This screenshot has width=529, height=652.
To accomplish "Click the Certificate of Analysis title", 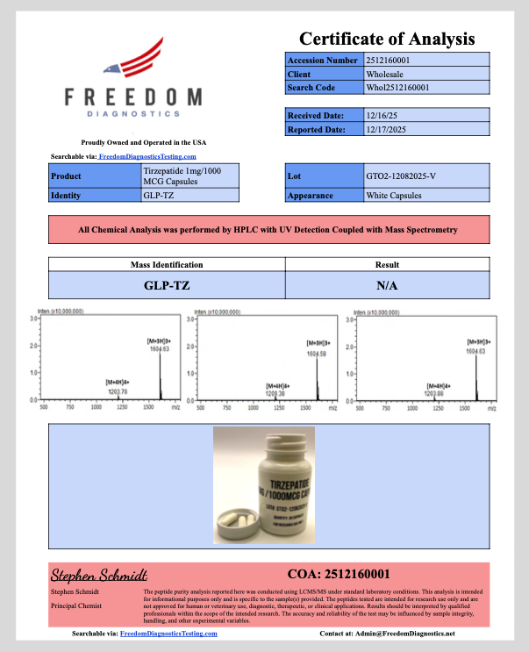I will (x=387, y=39).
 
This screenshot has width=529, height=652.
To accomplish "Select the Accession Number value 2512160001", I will (x=394, y=61).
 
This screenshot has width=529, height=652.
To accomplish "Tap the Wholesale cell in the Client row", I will (x=384, y=75).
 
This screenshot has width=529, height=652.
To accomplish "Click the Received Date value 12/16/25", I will (x=382, y=115).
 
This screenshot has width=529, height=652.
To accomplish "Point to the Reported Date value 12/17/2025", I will (x=388, y=130).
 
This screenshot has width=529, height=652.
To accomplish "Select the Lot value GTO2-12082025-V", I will (x=400, y=176).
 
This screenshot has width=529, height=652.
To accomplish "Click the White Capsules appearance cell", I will (x=393, y=195).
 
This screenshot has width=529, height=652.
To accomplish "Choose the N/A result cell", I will (x=387, y=285).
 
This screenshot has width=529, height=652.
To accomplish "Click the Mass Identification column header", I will (x=167, y=264).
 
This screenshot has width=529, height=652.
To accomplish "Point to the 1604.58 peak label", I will (x=317, y=355).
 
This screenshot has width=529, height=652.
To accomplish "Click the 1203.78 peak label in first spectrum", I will (x=118, y=391).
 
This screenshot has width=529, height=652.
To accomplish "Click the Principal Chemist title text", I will (x=75, y=605).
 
